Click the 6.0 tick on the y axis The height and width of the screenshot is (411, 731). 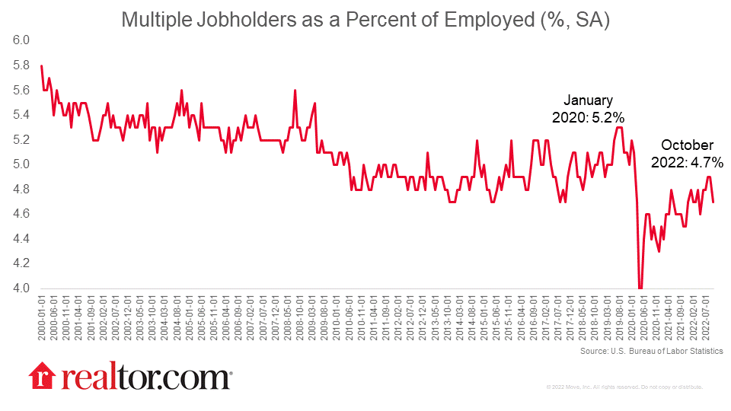click(21, 40)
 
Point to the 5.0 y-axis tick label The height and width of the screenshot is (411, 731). click(21, 164)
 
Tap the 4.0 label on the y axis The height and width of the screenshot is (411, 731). click(21, 288)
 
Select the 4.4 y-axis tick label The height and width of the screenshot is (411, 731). click(21, 239)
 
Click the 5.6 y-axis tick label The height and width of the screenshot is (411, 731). click(21, 90)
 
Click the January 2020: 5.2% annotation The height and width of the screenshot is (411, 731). click(588, 109)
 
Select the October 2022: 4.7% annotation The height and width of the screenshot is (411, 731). click(687, 153)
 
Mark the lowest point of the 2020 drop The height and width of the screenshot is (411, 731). click(640, 288)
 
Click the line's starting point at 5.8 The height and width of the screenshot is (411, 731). click(41, 65)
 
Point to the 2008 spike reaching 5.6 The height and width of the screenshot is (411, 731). click(295, 91)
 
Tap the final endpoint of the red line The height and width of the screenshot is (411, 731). click(713, 202)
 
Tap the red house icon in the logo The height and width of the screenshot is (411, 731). click(42, 377)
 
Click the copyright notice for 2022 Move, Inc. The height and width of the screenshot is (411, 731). click(624, 387)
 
